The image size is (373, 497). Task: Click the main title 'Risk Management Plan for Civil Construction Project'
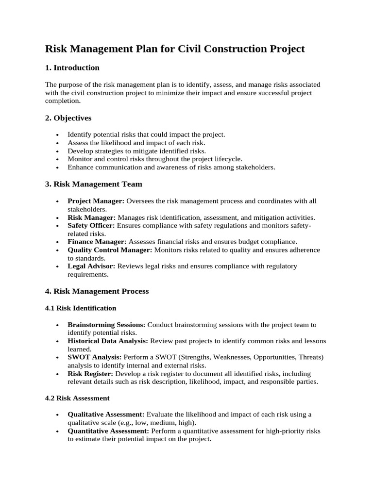tap(175, 49)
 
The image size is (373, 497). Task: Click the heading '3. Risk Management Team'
tap(93, 184)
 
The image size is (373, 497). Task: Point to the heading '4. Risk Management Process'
tap(97, 291)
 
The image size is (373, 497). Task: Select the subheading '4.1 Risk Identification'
tap(81, 308)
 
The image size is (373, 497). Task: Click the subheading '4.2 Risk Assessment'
tap(77, 398)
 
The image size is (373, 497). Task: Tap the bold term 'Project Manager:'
tap(96, 201)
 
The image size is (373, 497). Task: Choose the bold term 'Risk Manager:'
tap(91, 217)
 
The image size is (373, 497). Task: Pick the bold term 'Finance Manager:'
tap(97, 241)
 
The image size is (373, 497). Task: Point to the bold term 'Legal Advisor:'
tap(91, 266)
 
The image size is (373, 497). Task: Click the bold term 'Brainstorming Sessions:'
tap(106, 325)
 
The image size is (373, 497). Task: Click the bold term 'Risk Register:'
tap(90, 374)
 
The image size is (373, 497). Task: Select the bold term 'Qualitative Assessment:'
tap(106, 414)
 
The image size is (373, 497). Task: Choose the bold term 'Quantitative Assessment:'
tap(108, 431)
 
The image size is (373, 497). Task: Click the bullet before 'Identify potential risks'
tap(58, 135)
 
